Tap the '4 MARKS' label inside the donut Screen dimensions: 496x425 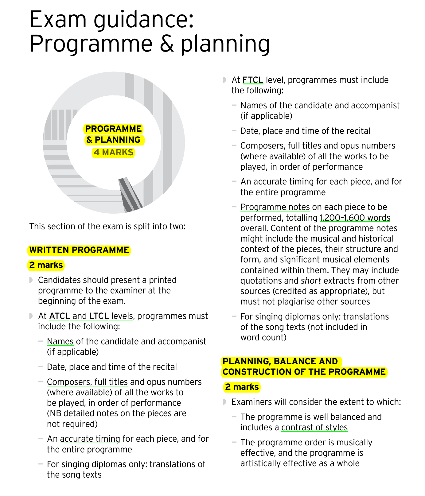coord(114,153)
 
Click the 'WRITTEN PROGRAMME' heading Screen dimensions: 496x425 coord(79,250)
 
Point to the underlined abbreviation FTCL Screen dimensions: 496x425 coord(253,80)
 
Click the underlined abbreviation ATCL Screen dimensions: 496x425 coord(59,316)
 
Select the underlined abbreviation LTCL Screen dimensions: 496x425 coord(99,316)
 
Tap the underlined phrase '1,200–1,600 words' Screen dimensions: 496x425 coord(355,218)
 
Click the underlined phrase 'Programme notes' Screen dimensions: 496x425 coord(275,207)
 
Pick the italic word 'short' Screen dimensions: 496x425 coord(311,281)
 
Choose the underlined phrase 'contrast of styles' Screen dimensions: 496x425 coord(314,428)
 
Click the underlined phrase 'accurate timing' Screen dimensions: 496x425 coord(90,439)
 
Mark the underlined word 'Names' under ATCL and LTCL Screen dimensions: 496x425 coord(60,342)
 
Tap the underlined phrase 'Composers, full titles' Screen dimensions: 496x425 coord(87,382)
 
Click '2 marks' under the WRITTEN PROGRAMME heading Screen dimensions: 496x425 coord(46,265)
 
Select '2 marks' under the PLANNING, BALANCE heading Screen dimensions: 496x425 coord(242,387)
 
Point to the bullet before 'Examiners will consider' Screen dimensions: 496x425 coord(224,402)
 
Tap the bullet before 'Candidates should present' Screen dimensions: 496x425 coord(31,280)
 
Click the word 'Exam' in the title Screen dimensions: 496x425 coord(58,20)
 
